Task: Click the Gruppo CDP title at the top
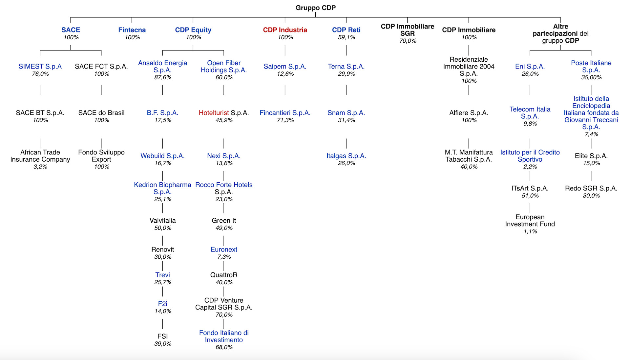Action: point(315,8)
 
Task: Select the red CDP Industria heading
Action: point(285,30)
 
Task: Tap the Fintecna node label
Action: point(132,30)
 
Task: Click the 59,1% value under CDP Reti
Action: point(346,37)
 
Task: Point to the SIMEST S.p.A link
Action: point(40,66)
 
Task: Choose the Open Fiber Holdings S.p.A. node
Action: point(224,66)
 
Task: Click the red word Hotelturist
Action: point(214,113)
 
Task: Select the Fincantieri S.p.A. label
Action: point(285,113)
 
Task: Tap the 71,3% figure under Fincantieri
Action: point(285,120)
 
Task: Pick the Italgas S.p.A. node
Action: point(346,156)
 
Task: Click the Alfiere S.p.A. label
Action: point(469,113)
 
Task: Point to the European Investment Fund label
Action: point(530,220)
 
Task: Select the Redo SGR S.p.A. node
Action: point(591,188)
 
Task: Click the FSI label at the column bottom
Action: point(162,336)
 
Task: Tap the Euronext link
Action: point(224,250)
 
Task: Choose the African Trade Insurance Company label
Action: point(40,156)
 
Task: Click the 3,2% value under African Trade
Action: point(40,167)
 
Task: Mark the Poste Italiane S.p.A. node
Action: point(591,66)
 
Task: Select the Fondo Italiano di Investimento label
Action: point(224,336)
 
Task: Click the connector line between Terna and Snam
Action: point(346,90)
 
